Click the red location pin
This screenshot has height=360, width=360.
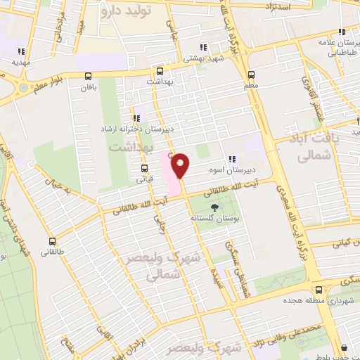[181, 165]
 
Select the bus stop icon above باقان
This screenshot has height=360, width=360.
[88, 76]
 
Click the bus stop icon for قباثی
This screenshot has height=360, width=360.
[144, 168]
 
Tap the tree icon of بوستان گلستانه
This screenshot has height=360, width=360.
[214, 207]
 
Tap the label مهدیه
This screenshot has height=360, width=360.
[20, 61]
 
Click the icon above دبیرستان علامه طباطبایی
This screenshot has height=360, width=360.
[342, 32]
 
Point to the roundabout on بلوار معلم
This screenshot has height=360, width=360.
[23, 88]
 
